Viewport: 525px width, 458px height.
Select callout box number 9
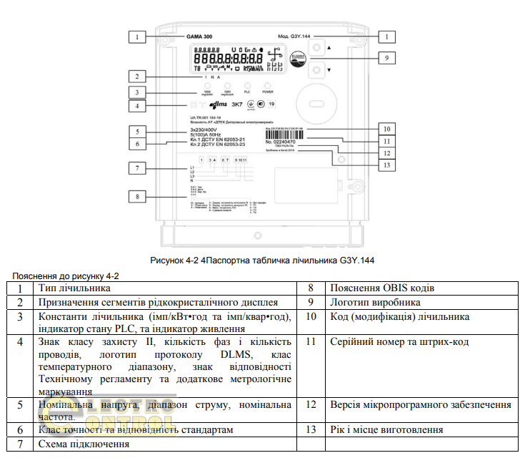pos(385,57)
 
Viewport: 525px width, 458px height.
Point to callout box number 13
pos(385,164)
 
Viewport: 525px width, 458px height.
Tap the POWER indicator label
pos(267,92)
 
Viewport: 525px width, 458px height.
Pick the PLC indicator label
pos(247,92)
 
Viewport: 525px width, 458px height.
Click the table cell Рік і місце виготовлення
pos(386,429)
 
